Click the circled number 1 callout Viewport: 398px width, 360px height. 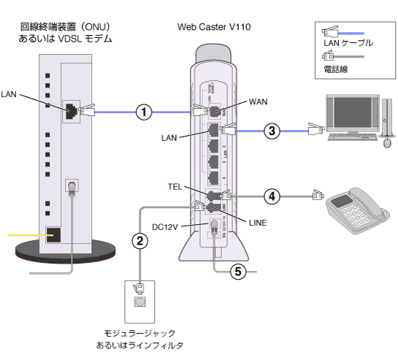click(x=145, y=112)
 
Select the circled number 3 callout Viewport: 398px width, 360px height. click(x=271, y=131)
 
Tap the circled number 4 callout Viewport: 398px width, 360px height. click(x=271, y=196)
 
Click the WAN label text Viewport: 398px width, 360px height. click(x=259, y=100)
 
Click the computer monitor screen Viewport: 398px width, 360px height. click(x=349, y=113)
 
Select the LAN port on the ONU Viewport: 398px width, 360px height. click(x=72, y=110)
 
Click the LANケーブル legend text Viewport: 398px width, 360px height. click(x=348, y=44)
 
